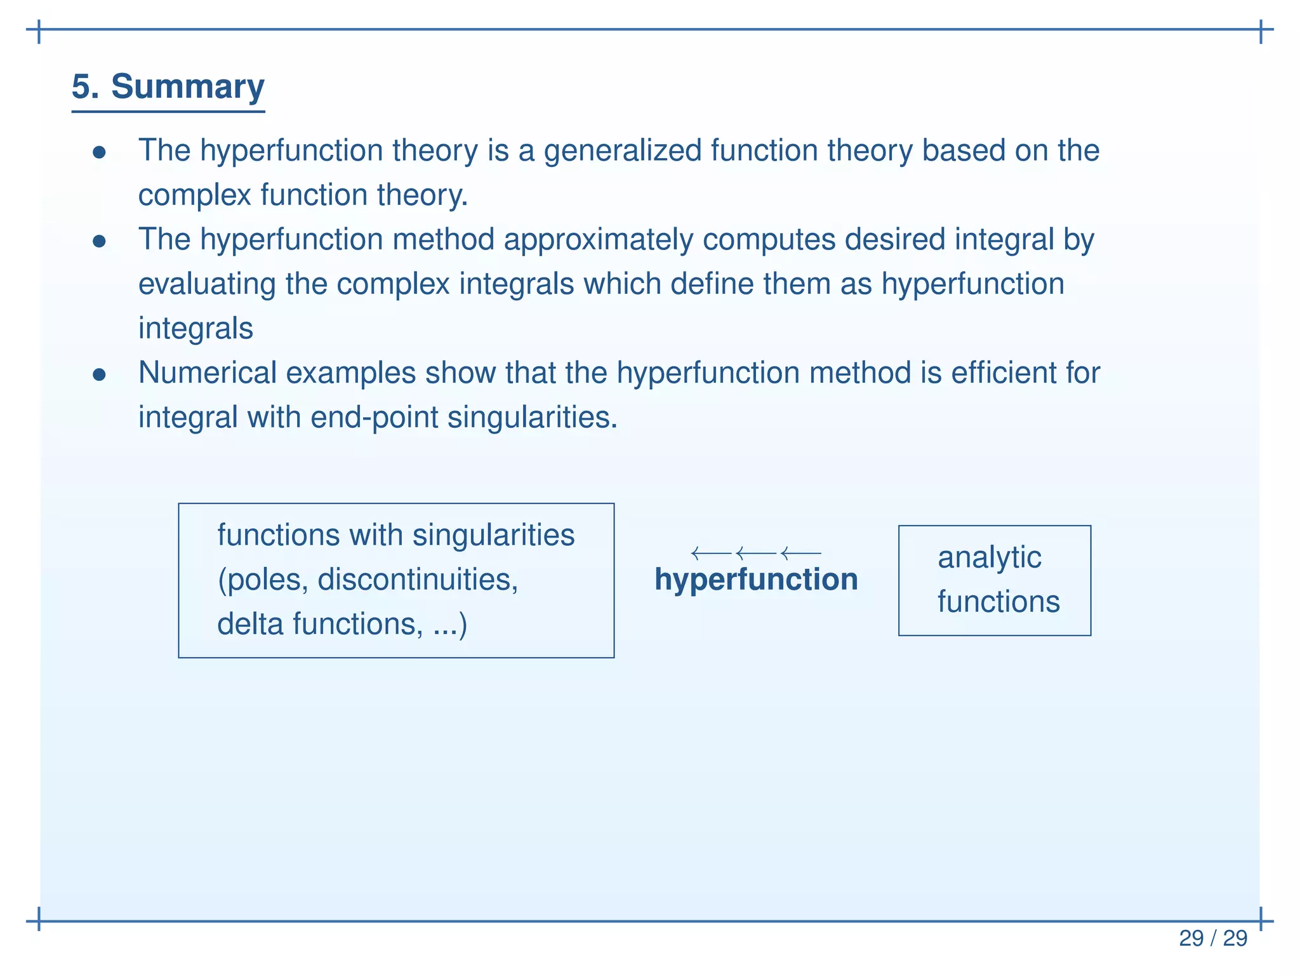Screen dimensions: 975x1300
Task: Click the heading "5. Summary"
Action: [x=168, y=87]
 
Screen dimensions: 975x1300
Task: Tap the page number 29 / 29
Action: [x=1212, y=938]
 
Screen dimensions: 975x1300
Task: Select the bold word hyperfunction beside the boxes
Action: [x=755, y=580]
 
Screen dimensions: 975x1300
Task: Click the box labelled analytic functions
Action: [x=994, y=580]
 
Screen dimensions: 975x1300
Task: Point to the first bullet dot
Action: [x=99, y=152]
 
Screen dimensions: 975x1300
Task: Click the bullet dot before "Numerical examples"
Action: [x=99, y=375]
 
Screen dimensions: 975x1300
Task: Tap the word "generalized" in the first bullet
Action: [x=623, y=151]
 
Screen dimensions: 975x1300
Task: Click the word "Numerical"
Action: [x=208, y=373]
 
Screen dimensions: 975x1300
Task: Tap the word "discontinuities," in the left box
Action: [x=418, y=580]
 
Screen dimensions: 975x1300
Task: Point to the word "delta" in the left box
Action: [x=250, y=624]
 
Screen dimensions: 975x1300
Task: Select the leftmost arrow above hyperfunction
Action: [x=711, y=554]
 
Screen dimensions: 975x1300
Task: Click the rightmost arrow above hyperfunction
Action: [x=801, y=554]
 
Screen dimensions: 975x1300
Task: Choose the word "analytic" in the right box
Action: [x=989, y=558]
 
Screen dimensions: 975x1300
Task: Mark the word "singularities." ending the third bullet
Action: [x=533, y=418]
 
